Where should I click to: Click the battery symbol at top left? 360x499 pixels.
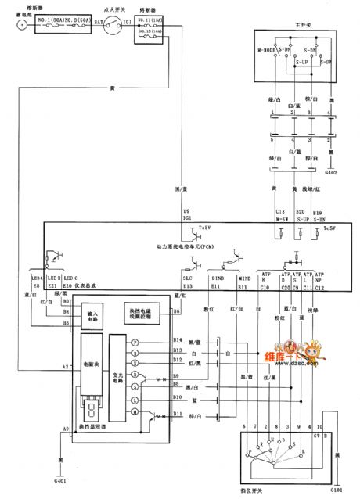pyautogui.click(x=21, y=25)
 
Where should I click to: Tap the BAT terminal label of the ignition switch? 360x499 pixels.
pyautogui.click(x=99, y=23)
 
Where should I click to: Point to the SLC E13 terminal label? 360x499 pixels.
pyautogui.click(x=187, y=281)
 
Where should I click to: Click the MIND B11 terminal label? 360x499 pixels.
pyautogui.click(x=243, y=282)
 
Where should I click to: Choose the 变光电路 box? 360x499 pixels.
pyautogui.click(x=117, y=379)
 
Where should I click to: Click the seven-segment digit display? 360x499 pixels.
pyautogui.click(x=92, y=412)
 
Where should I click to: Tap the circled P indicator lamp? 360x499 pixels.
pyautogui.click(x=135, y=342)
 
